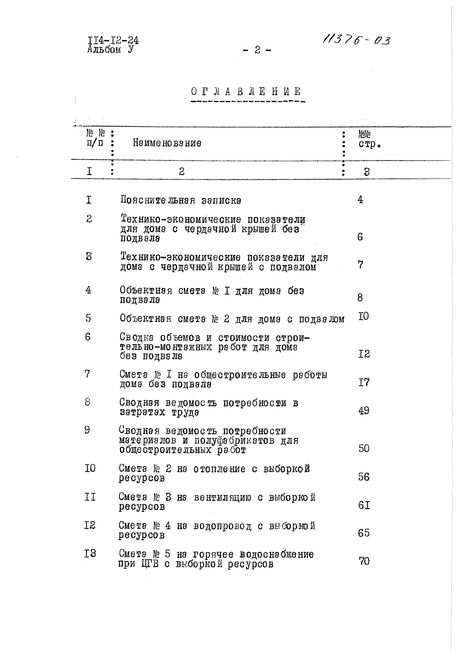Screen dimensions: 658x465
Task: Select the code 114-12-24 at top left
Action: pyautogui.click(x=113, y=40)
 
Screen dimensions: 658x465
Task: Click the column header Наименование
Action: pyautogui.click(x=167, y=143)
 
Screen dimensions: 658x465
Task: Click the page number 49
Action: pyautogui.click(x=363, y=411)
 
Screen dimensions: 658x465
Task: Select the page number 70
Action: pyautogui.click(x=364, y=561)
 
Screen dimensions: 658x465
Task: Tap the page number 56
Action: pyautogui.click(x=363, y=477)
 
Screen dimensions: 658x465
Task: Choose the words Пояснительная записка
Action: pyautogui.click(x=181, y=200)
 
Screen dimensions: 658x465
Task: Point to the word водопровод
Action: pyautogui.click(x=222, y=526)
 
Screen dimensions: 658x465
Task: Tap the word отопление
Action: pyautogui.click(x=219, y=469)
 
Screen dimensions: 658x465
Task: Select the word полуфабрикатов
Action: pyautogui.click(x=234, y=440)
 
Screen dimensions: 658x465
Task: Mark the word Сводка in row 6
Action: pyautogui.click(x=137, y=338)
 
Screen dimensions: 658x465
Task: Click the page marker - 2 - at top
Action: pyautogui.click(x=257, y=50)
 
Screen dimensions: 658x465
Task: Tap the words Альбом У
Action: pyautogui.click(x=110, y=50)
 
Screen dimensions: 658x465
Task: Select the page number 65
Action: pyautogui.click(x=363, y=533)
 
